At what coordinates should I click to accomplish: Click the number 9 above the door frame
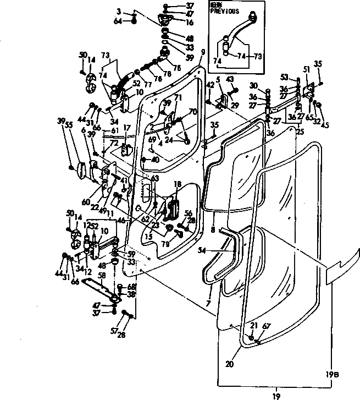(x=203, y=52)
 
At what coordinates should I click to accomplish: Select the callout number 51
(x=307, y=70)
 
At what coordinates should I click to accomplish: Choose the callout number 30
(x=253, y=85)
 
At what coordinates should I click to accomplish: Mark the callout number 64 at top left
(x=118, y=21)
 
